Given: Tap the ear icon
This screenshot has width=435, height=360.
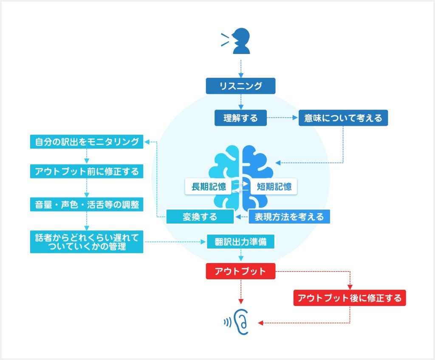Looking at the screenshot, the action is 241,322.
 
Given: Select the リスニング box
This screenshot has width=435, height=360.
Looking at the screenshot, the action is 240,86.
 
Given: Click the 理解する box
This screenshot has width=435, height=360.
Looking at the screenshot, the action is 240,118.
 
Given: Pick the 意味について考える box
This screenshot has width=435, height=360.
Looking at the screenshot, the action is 343,118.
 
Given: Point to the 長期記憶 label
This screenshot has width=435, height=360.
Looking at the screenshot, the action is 208,187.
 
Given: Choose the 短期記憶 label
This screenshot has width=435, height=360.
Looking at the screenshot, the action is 274,187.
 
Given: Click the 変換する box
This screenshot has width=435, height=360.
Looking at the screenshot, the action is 200,216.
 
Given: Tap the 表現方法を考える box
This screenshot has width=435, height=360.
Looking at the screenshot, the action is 289,216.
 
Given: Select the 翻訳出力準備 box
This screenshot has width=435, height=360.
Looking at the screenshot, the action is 240,241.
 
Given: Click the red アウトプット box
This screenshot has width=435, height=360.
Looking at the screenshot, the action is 240,271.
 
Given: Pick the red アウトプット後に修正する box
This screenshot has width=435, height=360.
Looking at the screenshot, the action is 350,298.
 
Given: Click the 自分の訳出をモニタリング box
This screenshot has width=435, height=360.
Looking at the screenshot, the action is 87,142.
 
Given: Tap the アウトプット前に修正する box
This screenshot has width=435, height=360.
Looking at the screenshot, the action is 87,171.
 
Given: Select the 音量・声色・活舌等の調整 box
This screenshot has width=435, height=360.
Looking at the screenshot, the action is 87,204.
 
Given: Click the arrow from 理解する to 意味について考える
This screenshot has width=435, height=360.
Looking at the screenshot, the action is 282,118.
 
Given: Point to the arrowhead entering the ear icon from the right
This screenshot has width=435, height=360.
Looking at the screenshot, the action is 260,323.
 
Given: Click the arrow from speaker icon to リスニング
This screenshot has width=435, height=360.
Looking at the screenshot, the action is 241,68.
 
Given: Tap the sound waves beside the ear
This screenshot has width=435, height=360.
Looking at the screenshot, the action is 228,322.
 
